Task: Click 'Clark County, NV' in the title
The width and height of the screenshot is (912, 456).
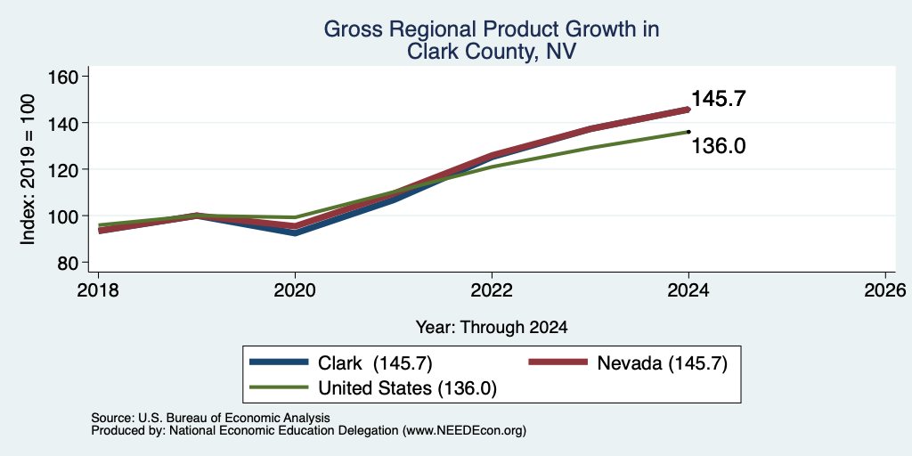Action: (492, 52)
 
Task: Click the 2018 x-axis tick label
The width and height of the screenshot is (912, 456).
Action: (98, 289)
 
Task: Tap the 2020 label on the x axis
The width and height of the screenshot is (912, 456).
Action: (295, 289)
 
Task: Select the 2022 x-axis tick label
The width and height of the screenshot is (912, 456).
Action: (492, 289)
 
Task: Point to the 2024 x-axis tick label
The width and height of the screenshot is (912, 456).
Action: (688, 289)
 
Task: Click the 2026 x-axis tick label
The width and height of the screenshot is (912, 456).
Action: (885, 289)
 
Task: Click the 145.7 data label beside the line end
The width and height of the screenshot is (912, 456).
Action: (719, 99)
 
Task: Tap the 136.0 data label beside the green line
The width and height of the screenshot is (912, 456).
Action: (719, 147)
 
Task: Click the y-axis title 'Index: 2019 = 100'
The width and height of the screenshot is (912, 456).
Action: (28, 170)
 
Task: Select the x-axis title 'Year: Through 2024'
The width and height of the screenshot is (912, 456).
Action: (492, 328)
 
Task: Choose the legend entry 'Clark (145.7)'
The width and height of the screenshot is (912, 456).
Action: (375, 363)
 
